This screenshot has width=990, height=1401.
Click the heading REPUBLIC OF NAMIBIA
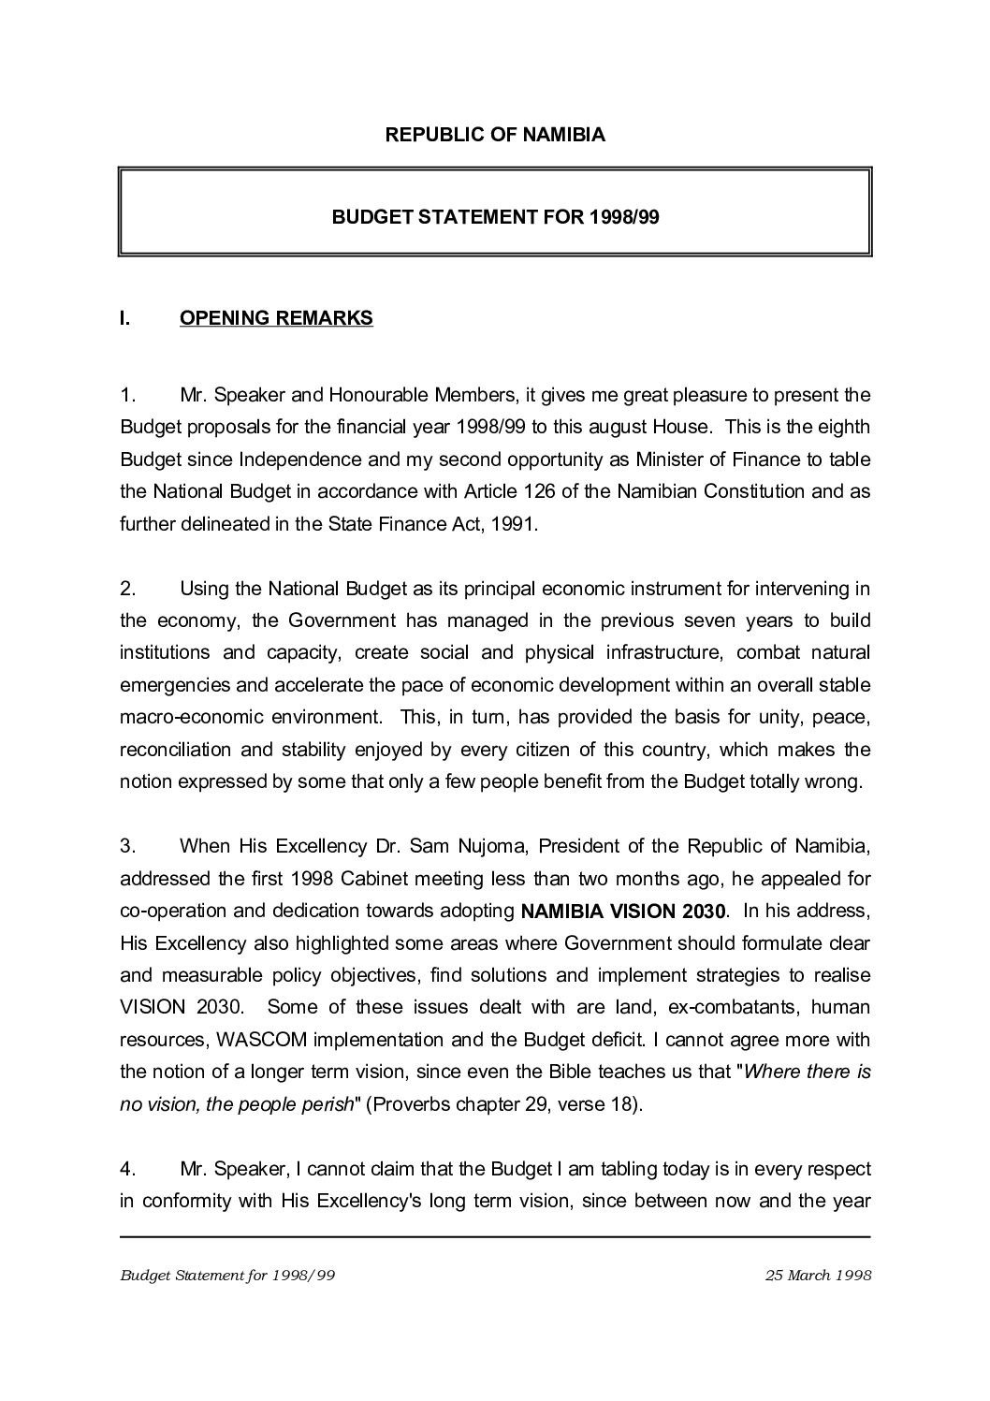click(495, 135)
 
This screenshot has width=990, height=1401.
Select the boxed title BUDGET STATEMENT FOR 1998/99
click(495, 217)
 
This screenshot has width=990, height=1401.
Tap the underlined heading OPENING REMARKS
click(276, 318)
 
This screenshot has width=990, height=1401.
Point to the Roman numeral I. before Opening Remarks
click(124, 318)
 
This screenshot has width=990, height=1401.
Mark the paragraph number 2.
click(128, 589)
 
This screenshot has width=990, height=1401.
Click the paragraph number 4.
click(128, 1169)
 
